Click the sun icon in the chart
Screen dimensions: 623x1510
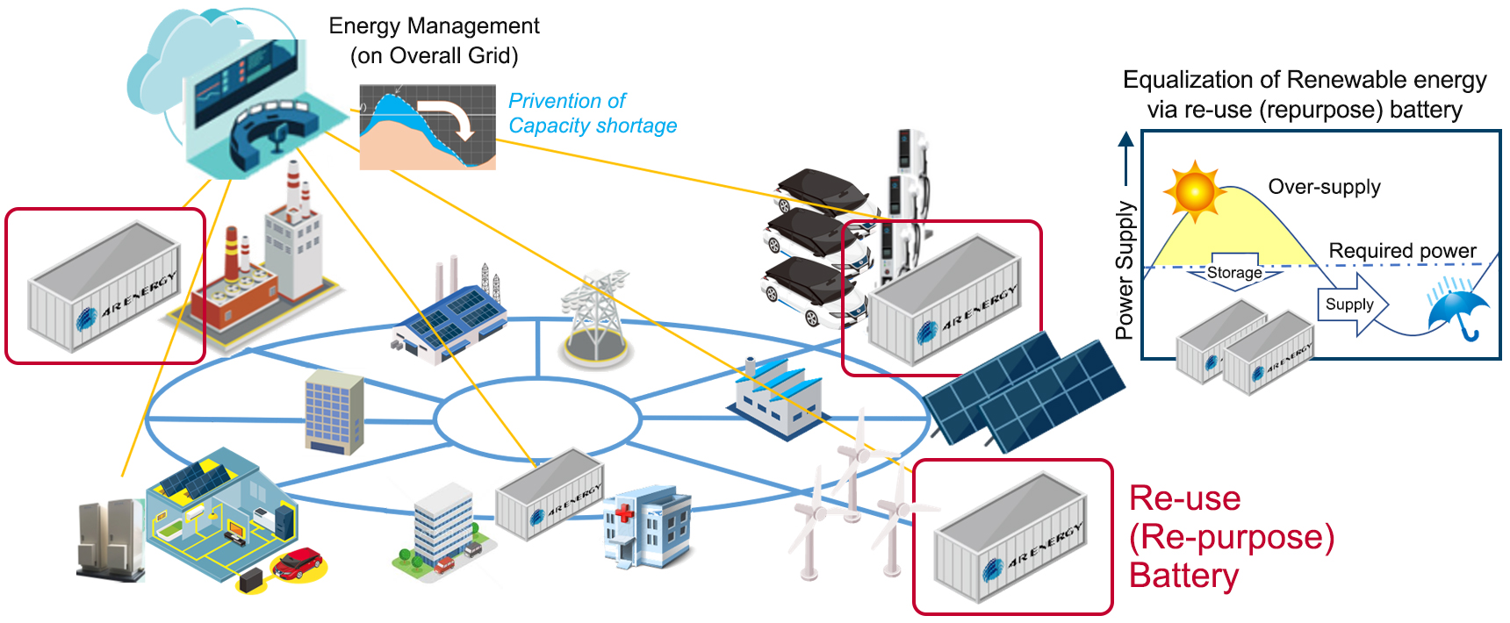pyautogui.click(x=1195, y=190)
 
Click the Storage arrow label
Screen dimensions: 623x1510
pyautogui.click(x=1234, y=273)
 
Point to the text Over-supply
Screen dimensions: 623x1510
pyautogui.click(x=1324, y=187)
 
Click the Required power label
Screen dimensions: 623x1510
pyautogui.click(x=1402, y=251)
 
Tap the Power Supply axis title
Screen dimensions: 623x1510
pyautogui.click(x=1125, y=269)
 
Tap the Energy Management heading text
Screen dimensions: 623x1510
pyautogui.click(x=434, y=26)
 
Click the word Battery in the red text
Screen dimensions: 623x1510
pyautogui.click(x=1183, y=576)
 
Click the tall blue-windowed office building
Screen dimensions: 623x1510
pyautogui.click(x=334, y=411)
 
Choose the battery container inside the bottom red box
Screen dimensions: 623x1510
pyautogui.click(x=1010, y=537)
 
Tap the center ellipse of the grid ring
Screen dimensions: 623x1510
pyautogui.click(x=537, y=419)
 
